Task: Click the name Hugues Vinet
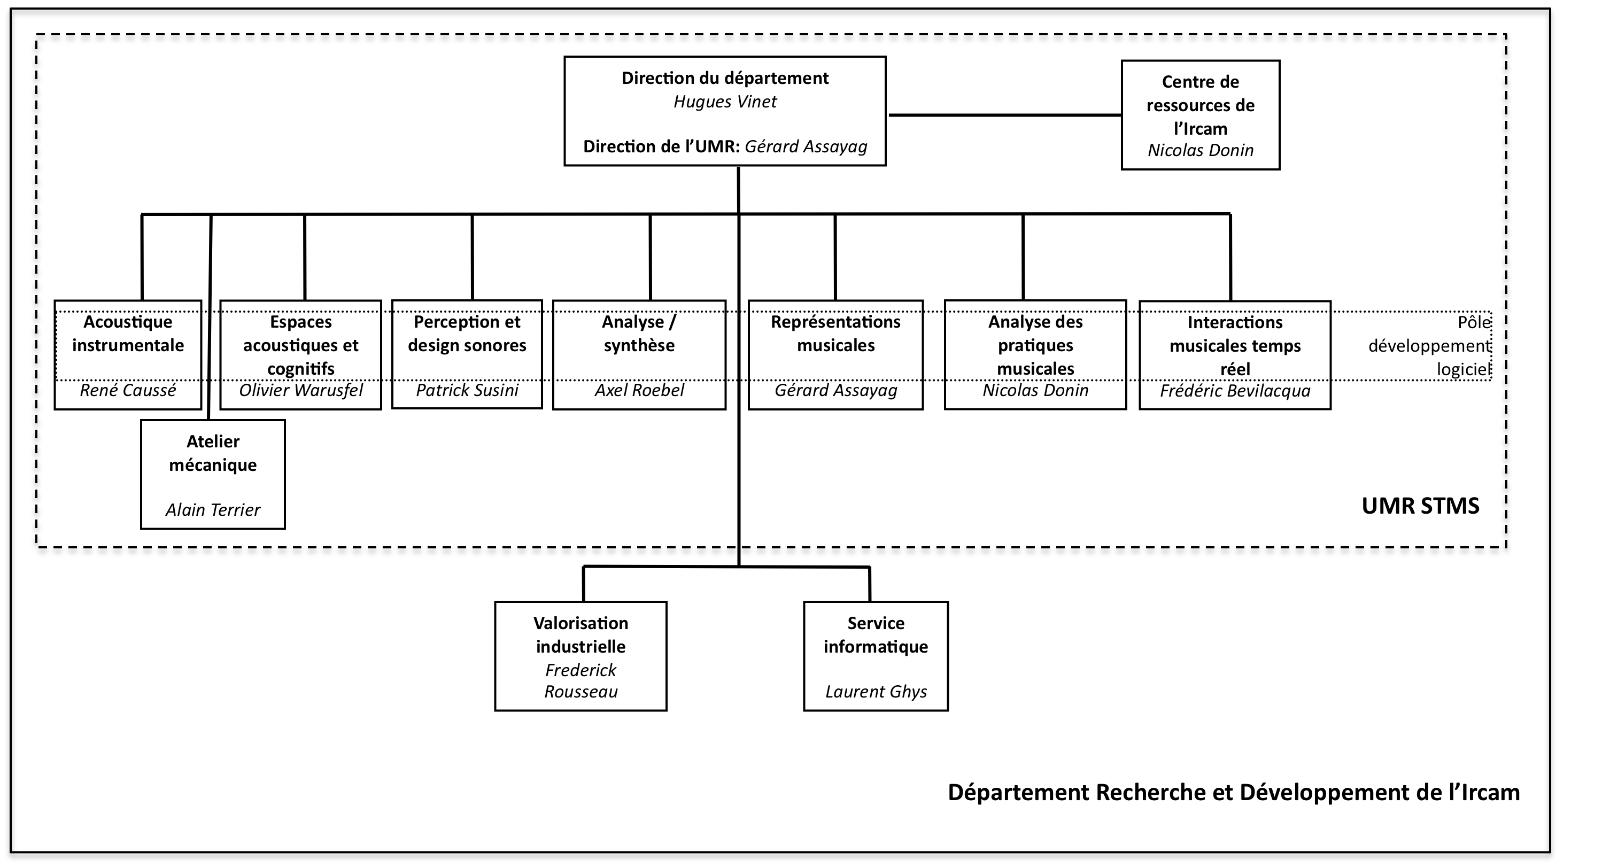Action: [725, 102]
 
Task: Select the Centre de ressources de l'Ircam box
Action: [1201, 115]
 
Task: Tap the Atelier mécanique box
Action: [213, 474]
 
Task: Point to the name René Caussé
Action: [128, 391]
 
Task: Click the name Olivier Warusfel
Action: [300, 391]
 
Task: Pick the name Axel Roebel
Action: [639, 391]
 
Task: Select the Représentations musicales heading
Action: [835, 334]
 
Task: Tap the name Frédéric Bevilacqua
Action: [1235, 391]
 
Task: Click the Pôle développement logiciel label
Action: [1430, 346]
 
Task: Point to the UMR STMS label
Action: [1421, 506]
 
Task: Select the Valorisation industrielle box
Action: [580, 656]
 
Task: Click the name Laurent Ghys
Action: [876, 692]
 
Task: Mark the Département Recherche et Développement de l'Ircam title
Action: [1234, 793]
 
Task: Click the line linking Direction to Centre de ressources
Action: [1005, 115]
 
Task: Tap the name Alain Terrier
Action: [213, 510]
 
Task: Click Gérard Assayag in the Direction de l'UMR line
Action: [806, 147]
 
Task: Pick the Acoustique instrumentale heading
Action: [128, 334]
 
